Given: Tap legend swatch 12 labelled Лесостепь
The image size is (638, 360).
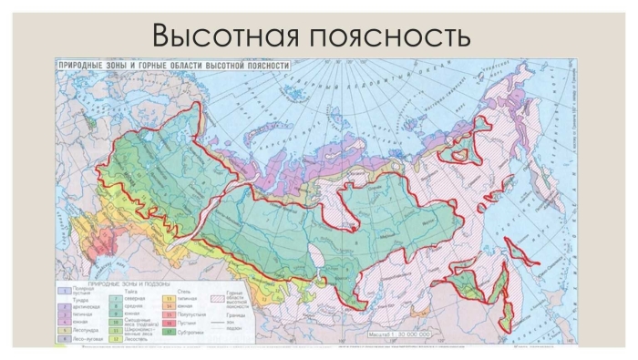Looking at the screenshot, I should tap(116, 337).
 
